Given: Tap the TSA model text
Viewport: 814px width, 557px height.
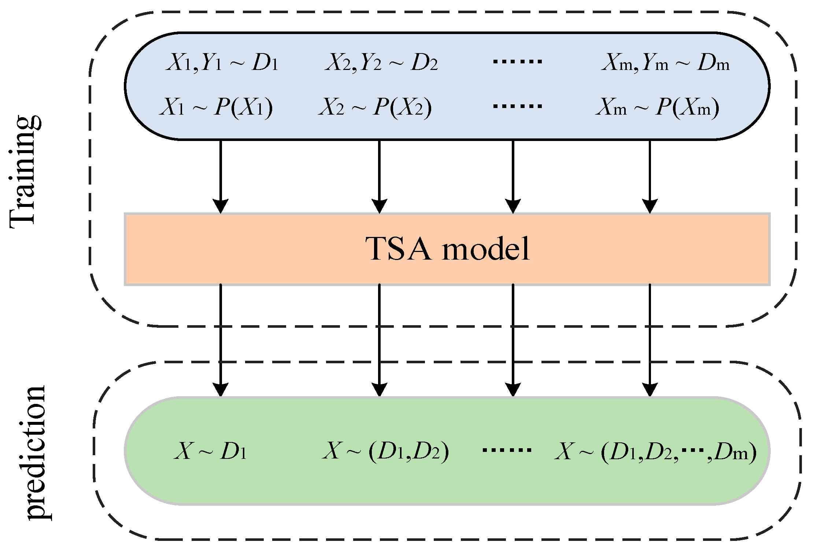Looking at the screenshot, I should click(x=447, y=249).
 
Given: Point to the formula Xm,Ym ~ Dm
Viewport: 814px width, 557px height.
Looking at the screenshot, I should click(x=665, y=63).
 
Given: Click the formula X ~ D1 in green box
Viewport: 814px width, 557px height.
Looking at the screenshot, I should click(x=210, y=451).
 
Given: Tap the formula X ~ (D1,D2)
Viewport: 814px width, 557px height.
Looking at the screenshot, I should click(x=385, y=451).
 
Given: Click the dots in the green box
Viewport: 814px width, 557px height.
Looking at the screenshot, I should click(x=507, y=450).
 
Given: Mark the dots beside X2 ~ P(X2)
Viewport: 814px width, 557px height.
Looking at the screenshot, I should click(x=517, y=107).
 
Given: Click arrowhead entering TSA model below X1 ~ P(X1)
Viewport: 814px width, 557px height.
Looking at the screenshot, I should click(x=221, y=206).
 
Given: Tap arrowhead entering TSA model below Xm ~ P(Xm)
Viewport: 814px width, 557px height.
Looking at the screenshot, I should click(x=650, y=206).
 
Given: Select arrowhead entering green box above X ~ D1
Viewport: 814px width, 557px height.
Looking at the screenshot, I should click(x=221, y=389).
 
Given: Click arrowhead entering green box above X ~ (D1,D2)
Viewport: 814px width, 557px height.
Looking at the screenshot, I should click(x=379, y=389).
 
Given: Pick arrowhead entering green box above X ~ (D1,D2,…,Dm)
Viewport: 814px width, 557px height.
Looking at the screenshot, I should click(x=650, y=389).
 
